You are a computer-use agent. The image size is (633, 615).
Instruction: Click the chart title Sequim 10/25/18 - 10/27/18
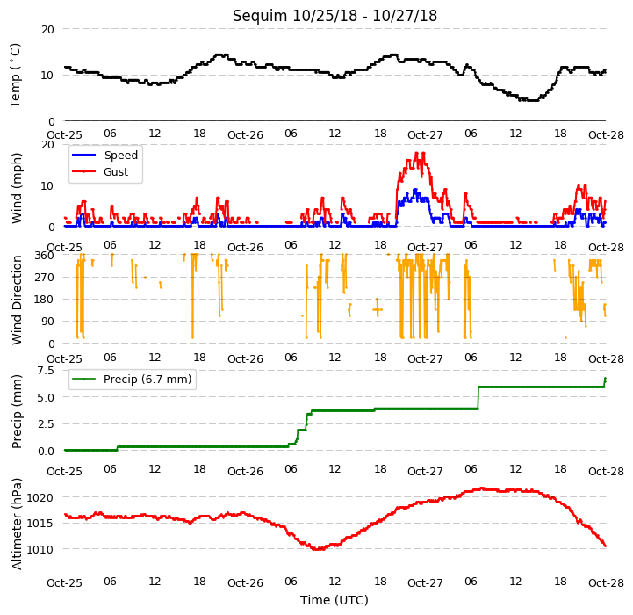(x=334, y=16)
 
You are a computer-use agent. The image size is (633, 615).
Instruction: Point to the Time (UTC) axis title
(x=334, y=600)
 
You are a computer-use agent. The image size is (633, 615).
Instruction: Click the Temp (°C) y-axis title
(x=15, y=76)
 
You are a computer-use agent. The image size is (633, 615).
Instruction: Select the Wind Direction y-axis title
(x=16, y=300)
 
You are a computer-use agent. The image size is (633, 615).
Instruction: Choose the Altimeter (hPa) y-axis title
(x=16, y=524)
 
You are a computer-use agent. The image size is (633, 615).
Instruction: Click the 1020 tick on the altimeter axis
(x=40, y=497)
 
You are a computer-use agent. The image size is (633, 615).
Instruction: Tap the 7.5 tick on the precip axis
(x=46, y=371)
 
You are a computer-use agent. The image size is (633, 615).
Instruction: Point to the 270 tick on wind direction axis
(x=45, y=278)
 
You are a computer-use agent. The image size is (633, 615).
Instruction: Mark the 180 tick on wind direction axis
(x=45, y=300)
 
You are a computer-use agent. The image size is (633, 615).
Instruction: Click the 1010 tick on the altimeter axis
(x=40, y=549)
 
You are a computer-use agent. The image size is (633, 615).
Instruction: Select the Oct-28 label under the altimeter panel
(x=606, y=582)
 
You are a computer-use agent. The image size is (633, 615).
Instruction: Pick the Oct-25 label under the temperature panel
(x=65, y=134)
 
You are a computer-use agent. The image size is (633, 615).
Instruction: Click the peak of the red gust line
(x=417, y=153)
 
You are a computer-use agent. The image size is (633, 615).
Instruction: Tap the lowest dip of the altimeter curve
(x=319, y=549)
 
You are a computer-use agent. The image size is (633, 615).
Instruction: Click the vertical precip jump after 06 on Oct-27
(x=478, y=398)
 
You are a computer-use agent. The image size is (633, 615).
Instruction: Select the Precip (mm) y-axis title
(x=16, y=411)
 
